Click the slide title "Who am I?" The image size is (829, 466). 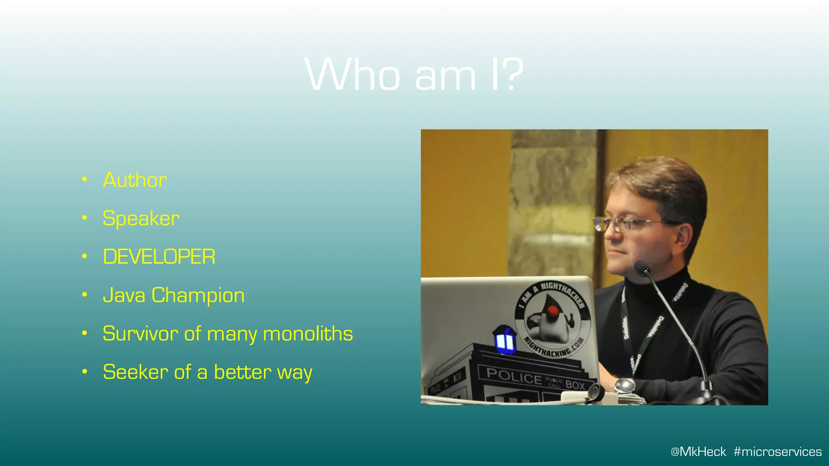pyautogui.click(x=414, y=75)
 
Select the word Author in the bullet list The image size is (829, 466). pyautogui.click(x=135, y=180)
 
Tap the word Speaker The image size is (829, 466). pyautogui.click(x=141, y=218)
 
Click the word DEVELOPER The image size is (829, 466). pyautogui.click(x=159, y=257)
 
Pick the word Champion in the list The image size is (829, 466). pyautogui.click(x=198, y=295)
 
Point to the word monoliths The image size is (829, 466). pyautogui.click(x=308, y=334)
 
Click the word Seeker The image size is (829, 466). pyautogui.click(x=135, y=372)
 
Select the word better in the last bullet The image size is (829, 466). pyautogui.click(x=242, y=372)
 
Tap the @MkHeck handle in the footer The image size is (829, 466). pyautogui.click(x=698, y=451)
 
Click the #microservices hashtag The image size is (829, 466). pyautogui.click(x=778, y=451)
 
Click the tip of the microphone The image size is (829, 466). pyautogui.click(x=642, y=268)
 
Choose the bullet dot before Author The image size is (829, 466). pyautogui.click(x=84, y=179)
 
